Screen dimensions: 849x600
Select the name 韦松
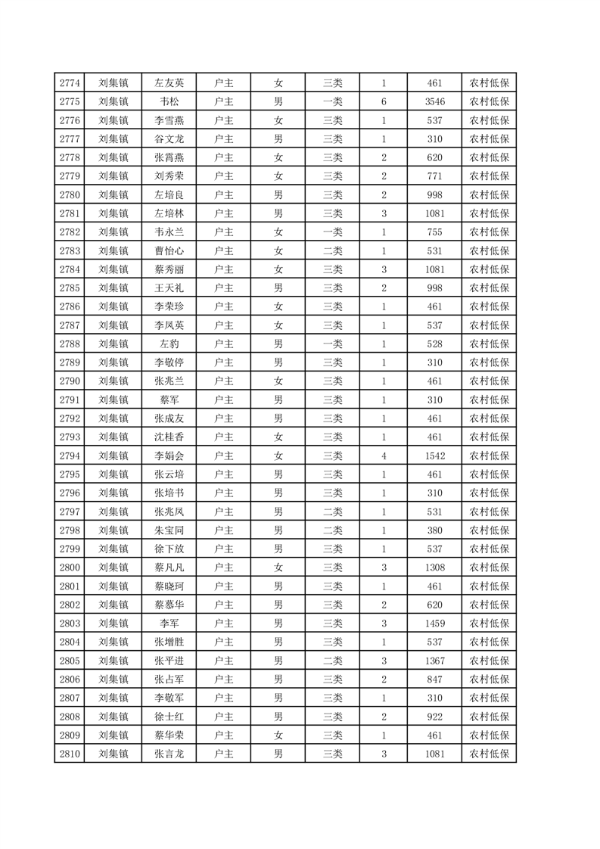pyautogui.click(x=169, y=102)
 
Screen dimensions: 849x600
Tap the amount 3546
pyautogui.click(x=434, y=102)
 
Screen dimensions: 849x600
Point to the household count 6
pyautogui.click(x=384, y=102)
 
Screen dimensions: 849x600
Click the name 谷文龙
pyautogui.click(x=169, y=139)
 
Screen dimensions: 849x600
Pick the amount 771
pyautogui.click(x=434, y=176)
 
